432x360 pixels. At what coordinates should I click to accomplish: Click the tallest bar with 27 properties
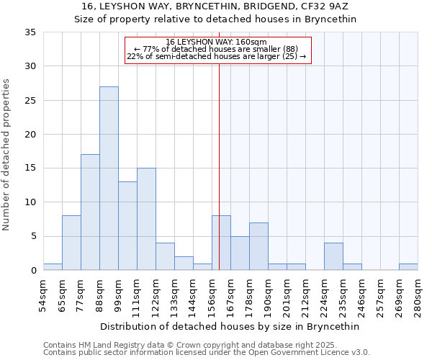pos(109,179)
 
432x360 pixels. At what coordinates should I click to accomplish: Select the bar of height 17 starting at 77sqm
pos(90,212)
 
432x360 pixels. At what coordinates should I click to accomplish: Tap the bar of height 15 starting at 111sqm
pos(146,219)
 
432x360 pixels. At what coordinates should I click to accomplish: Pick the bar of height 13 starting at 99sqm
pos(127,226)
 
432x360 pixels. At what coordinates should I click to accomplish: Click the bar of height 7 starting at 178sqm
pos(258,246)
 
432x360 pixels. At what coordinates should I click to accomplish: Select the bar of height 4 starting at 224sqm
pos(333,257)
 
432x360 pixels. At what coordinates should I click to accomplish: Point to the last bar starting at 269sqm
pos(408,267)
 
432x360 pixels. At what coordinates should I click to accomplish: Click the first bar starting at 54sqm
pos(53,267)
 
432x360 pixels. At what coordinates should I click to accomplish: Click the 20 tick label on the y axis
pos(30,135)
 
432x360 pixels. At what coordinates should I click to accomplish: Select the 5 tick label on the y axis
pos(33,237)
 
